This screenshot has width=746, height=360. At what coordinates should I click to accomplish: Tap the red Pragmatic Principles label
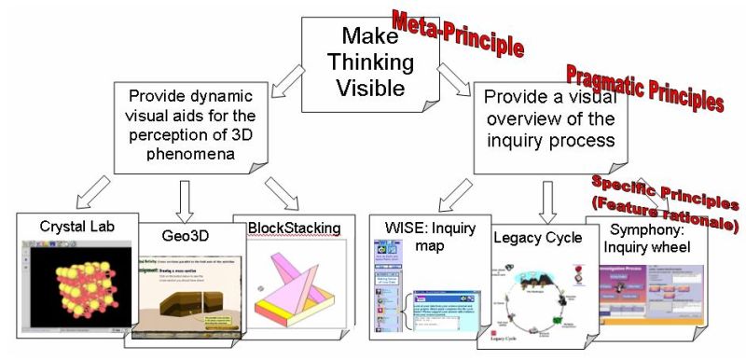tap(644, 89)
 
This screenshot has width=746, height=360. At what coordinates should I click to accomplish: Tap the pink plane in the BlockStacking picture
tap(295, 280)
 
